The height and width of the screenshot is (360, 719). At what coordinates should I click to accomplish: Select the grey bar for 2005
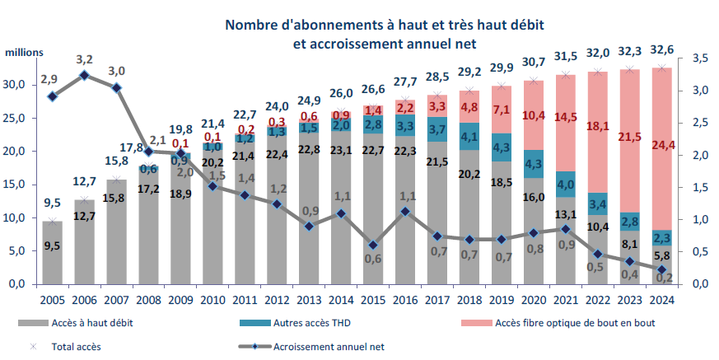(x=54, y=252)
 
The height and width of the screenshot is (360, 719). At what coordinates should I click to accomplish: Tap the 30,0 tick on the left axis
(x=17, y=85)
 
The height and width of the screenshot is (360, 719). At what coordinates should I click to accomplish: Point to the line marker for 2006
(x=84, y=76)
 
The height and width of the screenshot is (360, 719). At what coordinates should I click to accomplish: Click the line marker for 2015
(x=372, y=245)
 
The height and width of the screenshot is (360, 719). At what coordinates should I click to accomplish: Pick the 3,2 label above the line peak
(x=84, y=59)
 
